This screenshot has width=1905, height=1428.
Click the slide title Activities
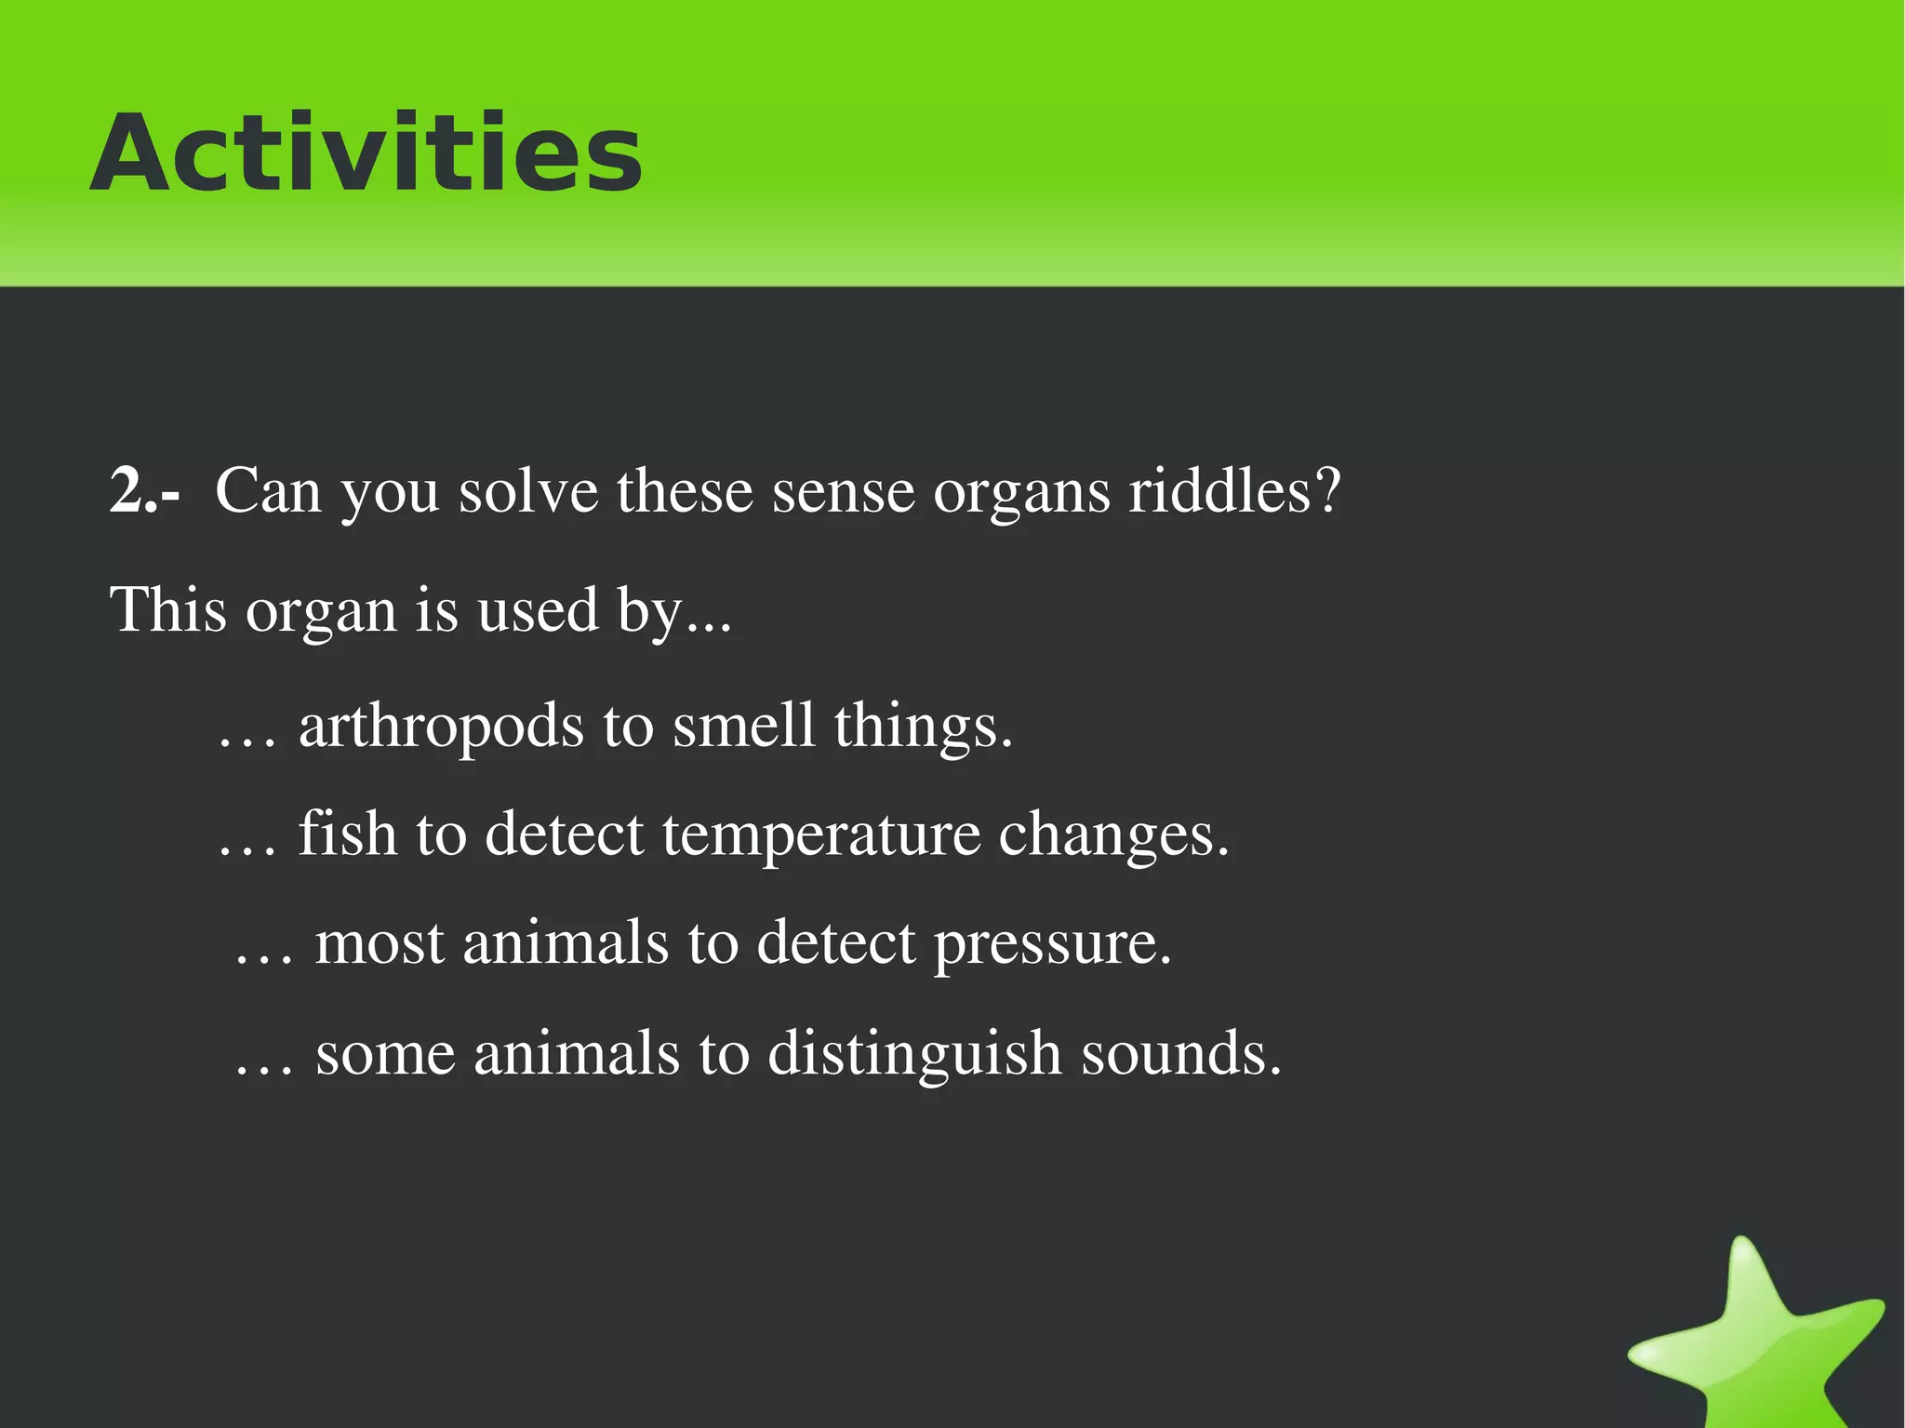pyautogui.click(x=366, y=153)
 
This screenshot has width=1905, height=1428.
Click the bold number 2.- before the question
pyautogui.click(x=144, y=491)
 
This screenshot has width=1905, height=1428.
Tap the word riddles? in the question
pyautogui.click(x=1234, y=491)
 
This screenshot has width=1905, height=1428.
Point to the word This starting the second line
pyautogui.click(x=168, y=610)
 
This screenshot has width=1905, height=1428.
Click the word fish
pyautogui.click(x=347, y=834)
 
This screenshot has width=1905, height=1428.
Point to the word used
pyautogui.click(x=537, y=610)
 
